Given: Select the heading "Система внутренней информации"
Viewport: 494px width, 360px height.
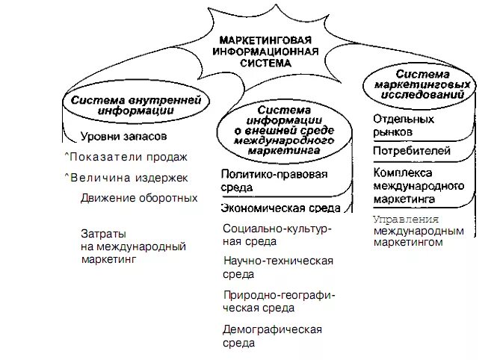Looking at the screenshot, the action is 125,105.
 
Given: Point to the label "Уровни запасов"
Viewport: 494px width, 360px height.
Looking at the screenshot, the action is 123,137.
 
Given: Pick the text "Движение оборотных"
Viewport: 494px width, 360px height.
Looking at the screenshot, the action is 139,198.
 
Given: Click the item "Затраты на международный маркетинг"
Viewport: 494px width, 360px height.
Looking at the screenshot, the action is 133,246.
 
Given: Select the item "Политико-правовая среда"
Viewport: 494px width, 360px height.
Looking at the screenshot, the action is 274,180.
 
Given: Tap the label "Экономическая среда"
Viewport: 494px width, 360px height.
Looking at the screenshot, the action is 280,208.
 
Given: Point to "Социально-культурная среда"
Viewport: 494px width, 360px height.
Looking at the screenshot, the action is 277,235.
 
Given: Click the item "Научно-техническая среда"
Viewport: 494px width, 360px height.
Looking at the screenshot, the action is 278,267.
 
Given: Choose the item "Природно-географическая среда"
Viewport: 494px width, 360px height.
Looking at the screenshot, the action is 279,301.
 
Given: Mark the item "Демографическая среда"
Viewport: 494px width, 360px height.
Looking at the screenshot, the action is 272,335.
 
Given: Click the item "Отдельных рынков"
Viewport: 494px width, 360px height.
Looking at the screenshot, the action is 403,125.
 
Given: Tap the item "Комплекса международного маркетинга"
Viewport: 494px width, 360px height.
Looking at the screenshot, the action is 418,186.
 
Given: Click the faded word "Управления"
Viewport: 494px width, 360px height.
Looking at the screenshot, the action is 405,220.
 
